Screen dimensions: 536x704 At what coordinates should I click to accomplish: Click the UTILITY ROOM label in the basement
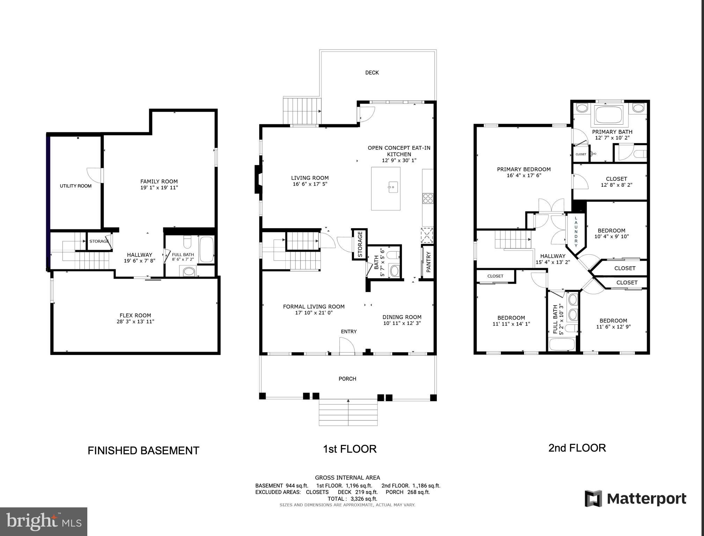[x=75, y=186]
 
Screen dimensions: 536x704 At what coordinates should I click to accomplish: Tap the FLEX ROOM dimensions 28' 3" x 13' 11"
[x=135, y=322]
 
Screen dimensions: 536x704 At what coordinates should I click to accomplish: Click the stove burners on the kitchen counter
[x=428, y=198]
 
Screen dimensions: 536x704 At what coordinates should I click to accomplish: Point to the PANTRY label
[x=428, y=262]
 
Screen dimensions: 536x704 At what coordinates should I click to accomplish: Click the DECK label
[x=372, y=73]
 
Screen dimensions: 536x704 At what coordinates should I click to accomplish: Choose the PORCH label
[x=347, y=379]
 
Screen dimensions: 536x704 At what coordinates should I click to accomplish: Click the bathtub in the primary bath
[x=609, y=114]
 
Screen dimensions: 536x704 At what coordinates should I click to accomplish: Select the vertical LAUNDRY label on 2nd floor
[x=576, y=231]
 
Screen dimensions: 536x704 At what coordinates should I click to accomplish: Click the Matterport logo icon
[x=593, y=498]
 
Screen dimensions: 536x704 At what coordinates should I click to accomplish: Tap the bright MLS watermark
[x=43, y=521]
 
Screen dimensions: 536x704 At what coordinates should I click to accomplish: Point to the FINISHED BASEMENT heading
[x=143, y=451]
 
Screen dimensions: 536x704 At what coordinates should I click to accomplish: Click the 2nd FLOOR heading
[x=577, y=448]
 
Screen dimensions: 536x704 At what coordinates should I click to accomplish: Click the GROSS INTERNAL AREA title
[x=347, y=478]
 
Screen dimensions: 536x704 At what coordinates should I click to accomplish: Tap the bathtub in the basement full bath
[x=206, y=249]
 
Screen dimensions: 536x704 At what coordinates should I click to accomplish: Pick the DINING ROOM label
[x=402, y=317]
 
